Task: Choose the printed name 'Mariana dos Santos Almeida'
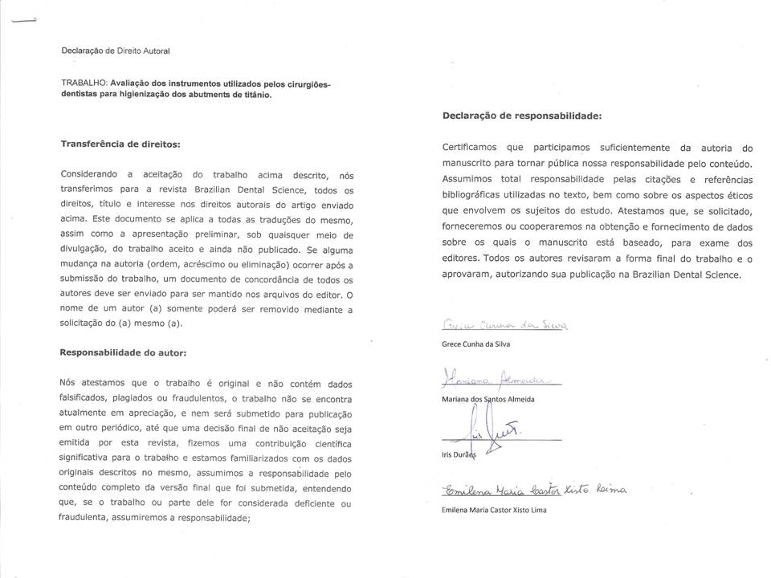pyautogui.click(x=488, y=399)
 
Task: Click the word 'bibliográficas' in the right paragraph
pyautogui.click(x=475, y=195)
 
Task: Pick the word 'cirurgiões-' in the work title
pyautogui.click(x=307, y=83)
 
